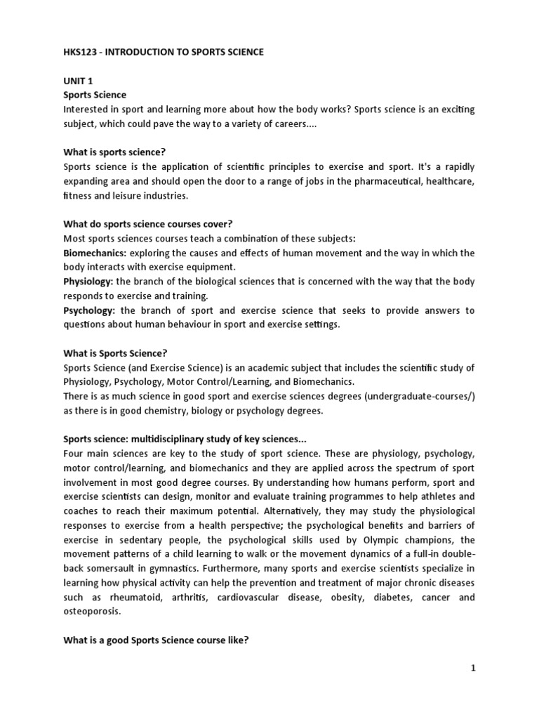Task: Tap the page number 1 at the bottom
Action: coord(474,668)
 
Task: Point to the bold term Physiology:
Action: coord(88,282)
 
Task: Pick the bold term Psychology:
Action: coord(90,310)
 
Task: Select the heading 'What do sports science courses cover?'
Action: coord(147,224)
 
